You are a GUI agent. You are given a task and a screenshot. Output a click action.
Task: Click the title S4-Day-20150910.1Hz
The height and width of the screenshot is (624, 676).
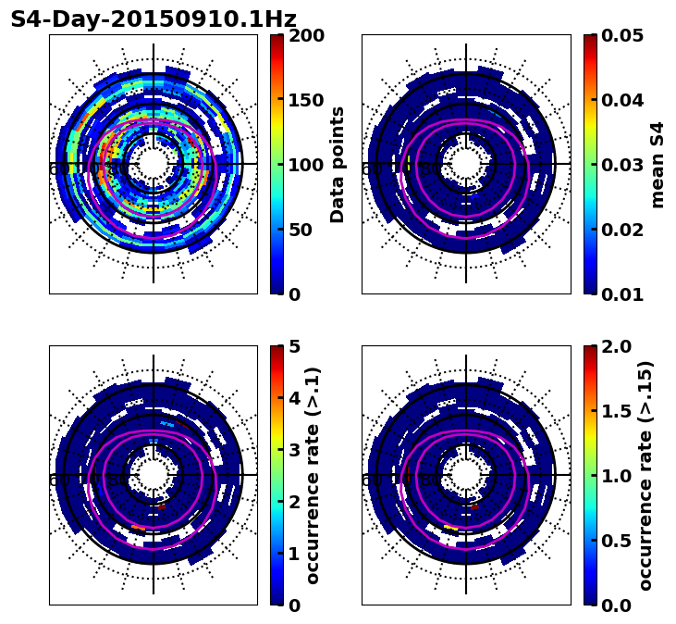coord(154,19)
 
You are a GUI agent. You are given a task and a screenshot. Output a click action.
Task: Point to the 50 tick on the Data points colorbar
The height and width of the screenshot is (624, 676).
coord(301,230)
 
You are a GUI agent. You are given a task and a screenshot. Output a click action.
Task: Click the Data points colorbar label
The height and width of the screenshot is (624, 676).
coord(338,165)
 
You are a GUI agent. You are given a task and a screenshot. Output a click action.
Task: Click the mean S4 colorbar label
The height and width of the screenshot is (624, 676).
coord(658,165)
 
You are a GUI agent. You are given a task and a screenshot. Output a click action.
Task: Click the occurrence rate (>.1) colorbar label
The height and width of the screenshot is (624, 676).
coord(313,476)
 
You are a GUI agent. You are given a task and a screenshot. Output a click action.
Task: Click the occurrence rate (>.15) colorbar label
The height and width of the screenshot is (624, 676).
coord(646,476)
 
